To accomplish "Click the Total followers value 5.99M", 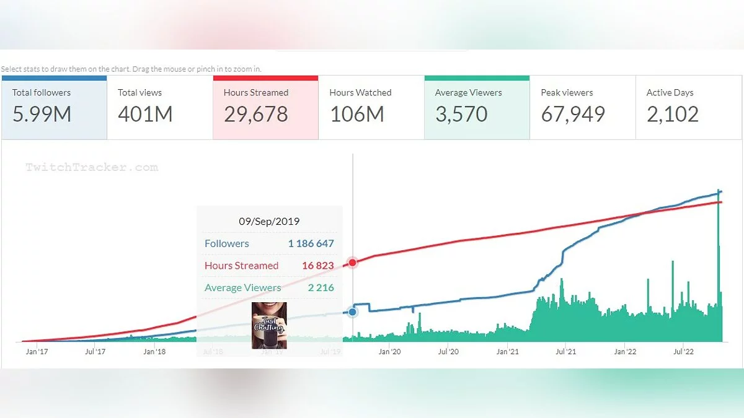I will coord(42,114).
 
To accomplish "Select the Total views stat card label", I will coord(139,93).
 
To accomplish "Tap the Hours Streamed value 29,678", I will coord(256,114).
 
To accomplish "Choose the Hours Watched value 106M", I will coord(356,114).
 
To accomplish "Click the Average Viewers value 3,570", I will coord(461,114).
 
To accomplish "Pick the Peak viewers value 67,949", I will coord(573,114).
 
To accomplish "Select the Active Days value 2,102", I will coord(673,114).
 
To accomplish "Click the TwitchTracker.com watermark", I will coord(92,167).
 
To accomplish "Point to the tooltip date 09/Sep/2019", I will coord(269,221).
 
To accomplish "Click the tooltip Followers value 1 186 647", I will coord(311,243).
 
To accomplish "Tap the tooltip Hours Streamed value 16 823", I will coord(317,266).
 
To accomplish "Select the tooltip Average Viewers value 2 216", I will coord(321,287).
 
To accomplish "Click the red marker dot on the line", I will coord(353,263).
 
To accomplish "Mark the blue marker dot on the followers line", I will coord(353,312).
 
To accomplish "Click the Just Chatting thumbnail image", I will coord(269,325).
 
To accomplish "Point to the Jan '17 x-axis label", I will coord(37,352).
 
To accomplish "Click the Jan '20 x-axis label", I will coord(389,352).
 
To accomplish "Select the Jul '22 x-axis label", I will coord(683,352).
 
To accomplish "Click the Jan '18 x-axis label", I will coord(154,352).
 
